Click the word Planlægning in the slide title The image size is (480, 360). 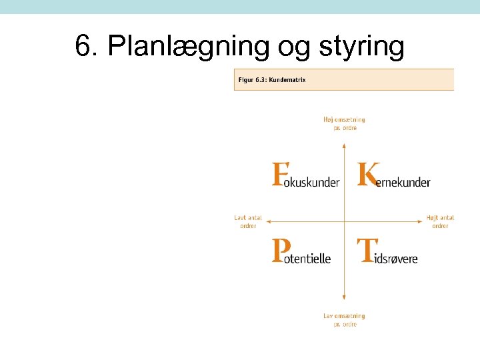(x=189, y=47)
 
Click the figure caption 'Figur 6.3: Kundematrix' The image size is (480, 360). (x=271, y=80)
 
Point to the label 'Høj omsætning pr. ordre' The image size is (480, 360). (x=344, y=123)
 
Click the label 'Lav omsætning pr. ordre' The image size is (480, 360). (x=344, y=320)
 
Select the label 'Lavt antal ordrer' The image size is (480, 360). (x=248, y=222)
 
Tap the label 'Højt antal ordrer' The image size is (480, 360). (x=440, y=222)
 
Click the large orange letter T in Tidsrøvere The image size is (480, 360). (x=365, y=251)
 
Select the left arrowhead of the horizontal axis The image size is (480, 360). (x=270, y=221)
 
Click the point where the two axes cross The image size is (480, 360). (x=344, y=221)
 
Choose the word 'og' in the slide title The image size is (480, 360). (x=298, y=47)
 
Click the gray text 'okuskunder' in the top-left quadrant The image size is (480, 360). (x=312, y=182)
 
